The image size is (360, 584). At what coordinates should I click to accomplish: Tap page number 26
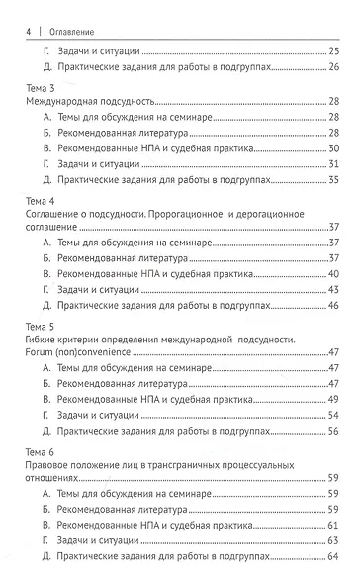pos(334,66)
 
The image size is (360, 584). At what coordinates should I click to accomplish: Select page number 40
pos(334,274)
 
